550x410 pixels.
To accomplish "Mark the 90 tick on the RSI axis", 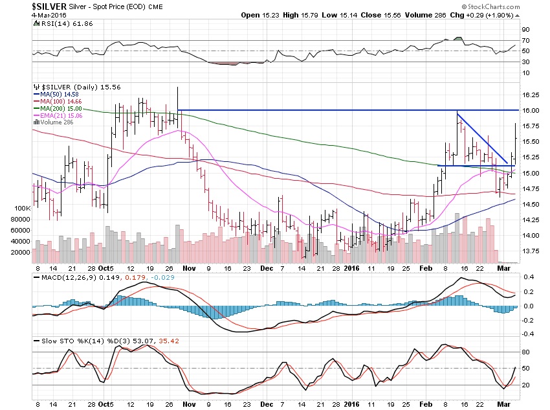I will click(527, 30).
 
